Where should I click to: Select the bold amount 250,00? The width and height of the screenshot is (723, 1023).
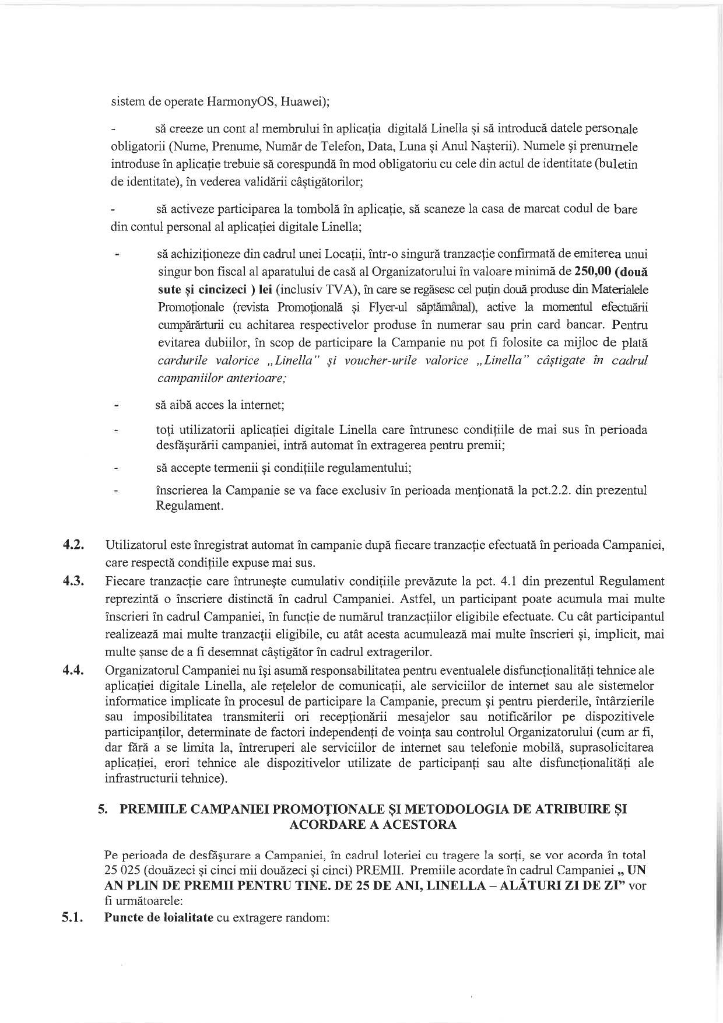pyautogui.click(x=593, y=271)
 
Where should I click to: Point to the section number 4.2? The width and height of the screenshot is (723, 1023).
pyautogui.click(x=74, y=546)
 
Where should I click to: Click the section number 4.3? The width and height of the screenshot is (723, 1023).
pyautogui.click(x=74, y=581)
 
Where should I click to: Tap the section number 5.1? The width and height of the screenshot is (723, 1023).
pyautogui.click(x=74, y=917)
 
